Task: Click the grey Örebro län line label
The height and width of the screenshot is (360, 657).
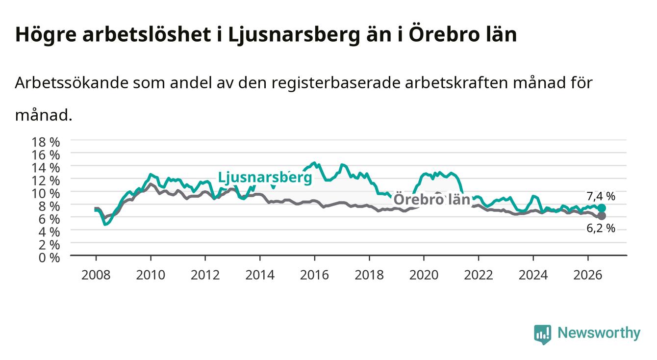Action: tap(432, 200)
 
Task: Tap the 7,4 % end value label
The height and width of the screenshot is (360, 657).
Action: tap(601, 196)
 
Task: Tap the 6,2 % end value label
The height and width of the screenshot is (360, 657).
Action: tap(601, 228)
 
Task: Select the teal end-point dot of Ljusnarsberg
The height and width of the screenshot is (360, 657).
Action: tap(602, 208)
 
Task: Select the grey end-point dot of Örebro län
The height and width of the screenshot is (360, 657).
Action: tap(602, 216)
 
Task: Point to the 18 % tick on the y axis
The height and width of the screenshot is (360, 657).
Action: tap(46, 142)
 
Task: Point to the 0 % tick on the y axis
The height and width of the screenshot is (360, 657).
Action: tap(49, 258)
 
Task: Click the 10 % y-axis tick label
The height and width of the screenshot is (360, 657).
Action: tap(46, 194)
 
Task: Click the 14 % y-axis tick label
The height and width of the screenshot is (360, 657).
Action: tap(46, 168)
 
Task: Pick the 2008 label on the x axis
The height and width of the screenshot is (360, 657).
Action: tap(96, 275)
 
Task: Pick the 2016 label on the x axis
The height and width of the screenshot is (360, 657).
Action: tap(314, 275)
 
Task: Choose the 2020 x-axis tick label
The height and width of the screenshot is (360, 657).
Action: tap(424, 275)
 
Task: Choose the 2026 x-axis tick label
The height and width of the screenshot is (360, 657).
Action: tap(588, 275)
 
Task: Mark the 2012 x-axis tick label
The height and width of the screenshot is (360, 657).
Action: tap(205, 275)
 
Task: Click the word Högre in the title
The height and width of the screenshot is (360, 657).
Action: tap(46, 35)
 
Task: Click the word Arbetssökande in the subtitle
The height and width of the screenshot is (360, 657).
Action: tap(71, 83)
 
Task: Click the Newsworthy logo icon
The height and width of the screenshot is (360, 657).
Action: tap(543, 334)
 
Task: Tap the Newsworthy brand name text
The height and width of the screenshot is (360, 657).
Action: tap(599, 333)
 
